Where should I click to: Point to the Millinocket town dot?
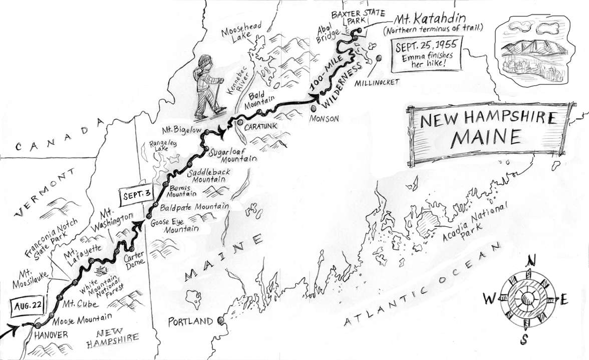pos(378,58)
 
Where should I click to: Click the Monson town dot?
pos(314,108)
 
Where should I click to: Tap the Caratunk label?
pos(260,128)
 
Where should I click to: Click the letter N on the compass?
pos(532,260)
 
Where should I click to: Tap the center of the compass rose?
pos(526,299)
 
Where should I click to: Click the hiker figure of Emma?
pos(208,86)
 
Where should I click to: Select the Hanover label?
pos(51,335)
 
